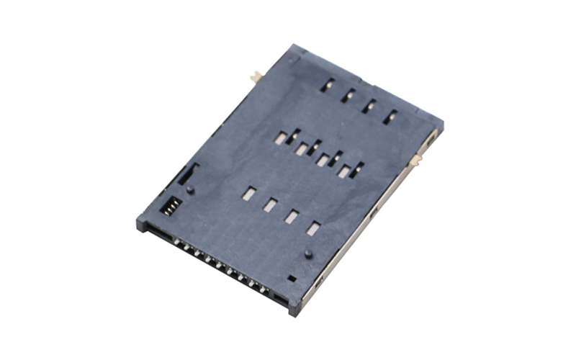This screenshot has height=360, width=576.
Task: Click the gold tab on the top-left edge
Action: coord(255,76)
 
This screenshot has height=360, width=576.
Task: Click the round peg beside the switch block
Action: coord(189,189)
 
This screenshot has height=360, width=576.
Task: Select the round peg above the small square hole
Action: coord(308,254)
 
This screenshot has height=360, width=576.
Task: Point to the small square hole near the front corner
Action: coord(291,277)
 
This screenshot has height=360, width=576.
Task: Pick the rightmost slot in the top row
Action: coord(390,116)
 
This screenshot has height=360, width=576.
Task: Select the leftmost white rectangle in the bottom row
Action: coord(248,193)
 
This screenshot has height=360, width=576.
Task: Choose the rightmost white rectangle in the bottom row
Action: coord(312,228)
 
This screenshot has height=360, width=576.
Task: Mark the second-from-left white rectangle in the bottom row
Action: coord(270,205)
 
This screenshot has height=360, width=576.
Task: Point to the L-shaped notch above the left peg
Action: coord(189,171)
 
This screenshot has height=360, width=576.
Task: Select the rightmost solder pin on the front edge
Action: coord(264,289)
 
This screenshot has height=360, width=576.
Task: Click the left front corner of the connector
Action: coord(142,224)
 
